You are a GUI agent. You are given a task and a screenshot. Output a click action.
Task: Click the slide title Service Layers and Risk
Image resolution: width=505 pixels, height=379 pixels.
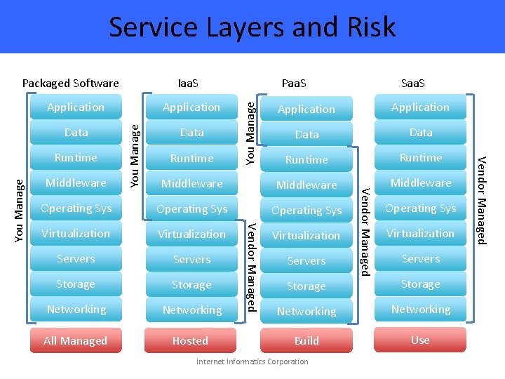252,27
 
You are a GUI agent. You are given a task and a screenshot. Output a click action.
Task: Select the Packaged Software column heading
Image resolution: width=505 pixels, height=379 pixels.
71,83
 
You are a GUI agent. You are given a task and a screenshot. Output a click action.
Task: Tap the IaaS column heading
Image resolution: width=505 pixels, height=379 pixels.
188,83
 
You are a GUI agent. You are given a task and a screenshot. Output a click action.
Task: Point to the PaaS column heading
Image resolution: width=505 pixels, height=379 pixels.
293,83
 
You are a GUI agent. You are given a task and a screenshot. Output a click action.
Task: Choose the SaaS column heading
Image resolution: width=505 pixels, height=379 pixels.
413,83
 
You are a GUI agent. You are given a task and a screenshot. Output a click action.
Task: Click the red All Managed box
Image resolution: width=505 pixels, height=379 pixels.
75,340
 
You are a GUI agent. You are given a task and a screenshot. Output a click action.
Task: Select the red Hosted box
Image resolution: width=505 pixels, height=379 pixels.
190,340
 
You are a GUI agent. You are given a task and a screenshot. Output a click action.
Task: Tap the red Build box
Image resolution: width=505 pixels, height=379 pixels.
307,340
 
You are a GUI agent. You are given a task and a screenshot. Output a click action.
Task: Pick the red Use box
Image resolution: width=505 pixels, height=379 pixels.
420,340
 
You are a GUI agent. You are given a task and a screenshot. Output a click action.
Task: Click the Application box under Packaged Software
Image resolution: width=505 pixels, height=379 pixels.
76,107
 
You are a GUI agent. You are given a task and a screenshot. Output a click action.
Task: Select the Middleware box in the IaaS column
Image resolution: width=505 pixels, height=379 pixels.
191,183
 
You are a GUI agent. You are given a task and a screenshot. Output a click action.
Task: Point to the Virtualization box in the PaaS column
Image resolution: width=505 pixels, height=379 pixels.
307,235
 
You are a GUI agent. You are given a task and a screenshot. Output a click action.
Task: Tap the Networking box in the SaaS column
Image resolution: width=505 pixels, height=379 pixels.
421,309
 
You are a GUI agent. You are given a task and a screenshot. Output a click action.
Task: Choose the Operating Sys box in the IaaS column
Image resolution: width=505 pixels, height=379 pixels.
191,208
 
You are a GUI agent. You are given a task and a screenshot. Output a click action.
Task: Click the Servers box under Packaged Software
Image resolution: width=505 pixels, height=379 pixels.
76,258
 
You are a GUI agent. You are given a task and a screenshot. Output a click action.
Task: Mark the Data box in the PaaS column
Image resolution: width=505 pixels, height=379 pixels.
307,134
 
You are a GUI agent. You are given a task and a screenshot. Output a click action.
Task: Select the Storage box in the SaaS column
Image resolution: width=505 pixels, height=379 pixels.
421,284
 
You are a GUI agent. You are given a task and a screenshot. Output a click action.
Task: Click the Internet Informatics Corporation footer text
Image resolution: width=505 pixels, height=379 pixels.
252,361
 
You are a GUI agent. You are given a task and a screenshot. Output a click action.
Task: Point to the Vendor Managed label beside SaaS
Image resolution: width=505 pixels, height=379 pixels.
482,200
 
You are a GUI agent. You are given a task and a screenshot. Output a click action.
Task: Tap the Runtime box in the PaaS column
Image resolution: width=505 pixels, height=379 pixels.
307,159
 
